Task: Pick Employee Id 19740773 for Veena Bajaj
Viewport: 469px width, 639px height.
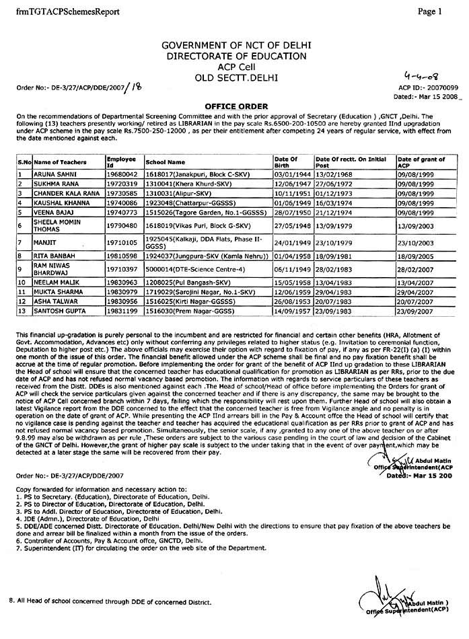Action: pos(121,211)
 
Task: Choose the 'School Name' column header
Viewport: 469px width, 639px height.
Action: pos(166,162)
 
